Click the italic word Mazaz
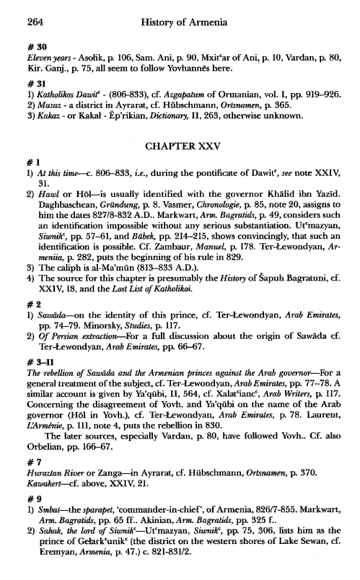pos(38,103)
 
